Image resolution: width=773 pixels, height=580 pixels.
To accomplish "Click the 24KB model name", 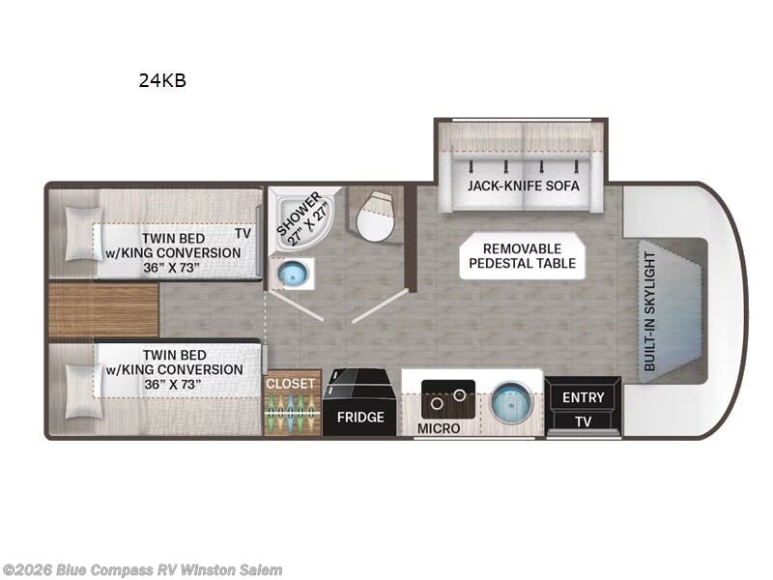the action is pyautogui.click(x=162, y=80).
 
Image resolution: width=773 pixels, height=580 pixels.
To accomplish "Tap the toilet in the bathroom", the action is pyautogui.click(x=376, y=216).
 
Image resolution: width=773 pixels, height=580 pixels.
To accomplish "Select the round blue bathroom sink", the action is pyautogui.click(x=294, y=274).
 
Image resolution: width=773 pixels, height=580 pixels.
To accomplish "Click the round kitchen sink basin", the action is pyautogui.click(x=512, y=402).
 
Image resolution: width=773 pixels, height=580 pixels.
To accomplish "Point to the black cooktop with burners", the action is pyautogui.click(x=448, y=398).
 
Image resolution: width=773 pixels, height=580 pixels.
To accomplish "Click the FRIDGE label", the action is pyautogui.click(x=360, y=418).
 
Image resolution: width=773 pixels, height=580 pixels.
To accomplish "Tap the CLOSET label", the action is pyautogui.click(x=291, y=383).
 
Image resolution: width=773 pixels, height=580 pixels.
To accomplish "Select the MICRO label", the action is pyautogui.click(x=439, y=428).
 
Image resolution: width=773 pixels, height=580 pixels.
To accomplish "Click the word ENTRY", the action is pyautogui.click(x=584, y=397).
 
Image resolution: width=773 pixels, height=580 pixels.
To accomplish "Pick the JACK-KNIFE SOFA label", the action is pyautogui.click(x=523, y=186).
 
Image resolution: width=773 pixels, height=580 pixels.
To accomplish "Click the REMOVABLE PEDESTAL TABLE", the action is pyautogui.click(x=523, y=255).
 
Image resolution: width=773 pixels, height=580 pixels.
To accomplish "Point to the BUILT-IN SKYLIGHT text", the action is pyautogui.click(x=649, y=311).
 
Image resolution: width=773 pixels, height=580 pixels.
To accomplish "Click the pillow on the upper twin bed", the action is pyautogui.click(x=84, y=233).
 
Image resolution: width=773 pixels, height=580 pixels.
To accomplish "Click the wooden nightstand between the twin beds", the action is pyautogui.click(x=103, y=309).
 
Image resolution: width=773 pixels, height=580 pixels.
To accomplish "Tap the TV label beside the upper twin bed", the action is pyautogui.click(x=243, y=233).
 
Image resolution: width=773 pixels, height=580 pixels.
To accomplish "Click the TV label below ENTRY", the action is pyautogui.click(x=584, y=421).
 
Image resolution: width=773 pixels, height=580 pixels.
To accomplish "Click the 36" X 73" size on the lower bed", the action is pyautogui.click(x=173, y=384).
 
